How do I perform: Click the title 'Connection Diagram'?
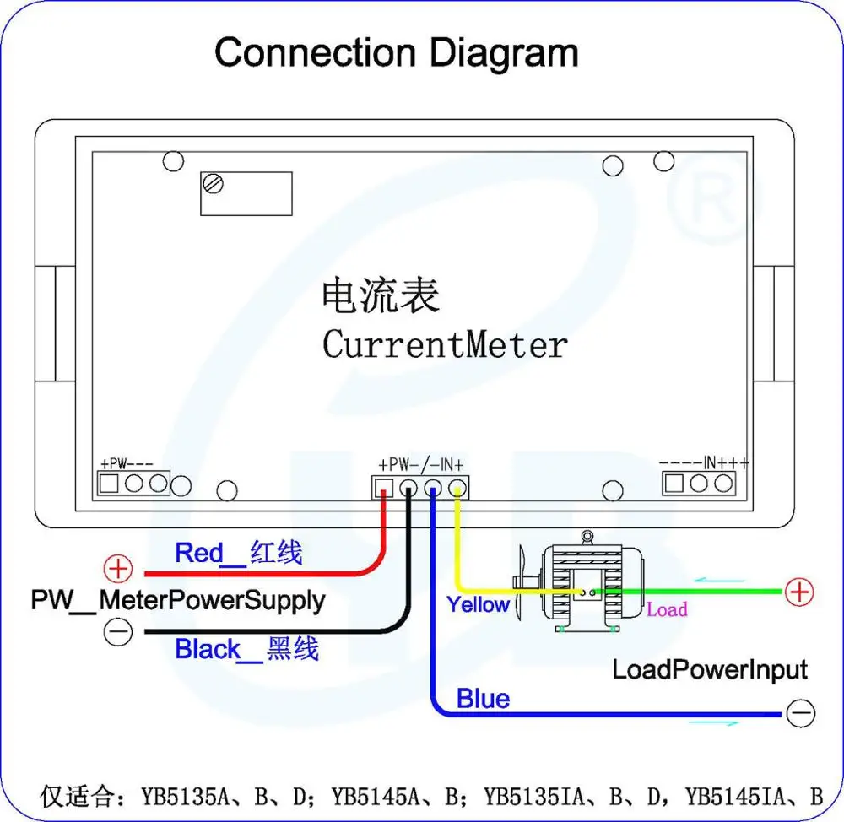click(396, 52)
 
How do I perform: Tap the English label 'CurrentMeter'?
click(445, 344)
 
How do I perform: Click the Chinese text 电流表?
click(381, 296)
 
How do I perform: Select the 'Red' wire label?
click(198, 554)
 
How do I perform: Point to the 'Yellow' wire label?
click(478, 604)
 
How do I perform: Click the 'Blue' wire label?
click(483, 699)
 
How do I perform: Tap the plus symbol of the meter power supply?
click(119, 568)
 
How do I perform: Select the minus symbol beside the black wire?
click(119, 630)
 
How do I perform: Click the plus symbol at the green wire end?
click(798, 592)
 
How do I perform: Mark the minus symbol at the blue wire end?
click(799, 714)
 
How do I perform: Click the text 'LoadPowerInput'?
click(709, 671)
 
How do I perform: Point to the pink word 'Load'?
click(667, 609)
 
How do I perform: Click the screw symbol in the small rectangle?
click(214, 183)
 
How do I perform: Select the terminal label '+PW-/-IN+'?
click(420, 464)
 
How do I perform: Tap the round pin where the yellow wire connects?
click(457, 487)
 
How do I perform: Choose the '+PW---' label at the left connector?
click(127, 464)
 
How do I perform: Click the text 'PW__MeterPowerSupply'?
click(178, 601)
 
